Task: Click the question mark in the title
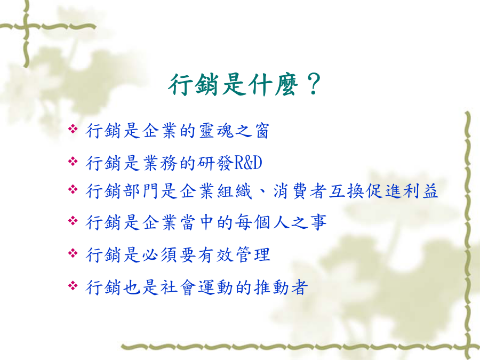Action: click(313, 84)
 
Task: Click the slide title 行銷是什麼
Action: click(233, 85)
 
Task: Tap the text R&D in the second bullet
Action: click(248, 163)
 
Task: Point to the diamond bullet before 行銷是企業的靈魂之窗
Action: click(73, 129)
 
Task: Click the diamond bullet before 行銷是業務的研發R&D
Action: click(73, 161)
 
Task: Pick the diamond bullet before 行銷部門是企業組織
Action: click(73, 189)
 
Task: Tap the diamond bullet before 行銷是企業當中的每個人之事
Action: click(73, 220)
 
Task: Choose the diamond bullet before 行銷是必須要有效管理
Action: click(73, 253)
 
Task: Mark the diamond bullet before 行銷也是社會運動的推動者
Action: click(73, 286)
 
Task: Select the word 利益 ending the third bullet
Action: click(421, 191)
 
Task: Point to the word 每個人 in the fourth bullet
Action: click(262, 222)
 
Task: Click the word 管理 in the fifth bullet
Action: click(253, 255)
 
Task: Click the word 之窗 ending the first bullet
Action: click(252, 131)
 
